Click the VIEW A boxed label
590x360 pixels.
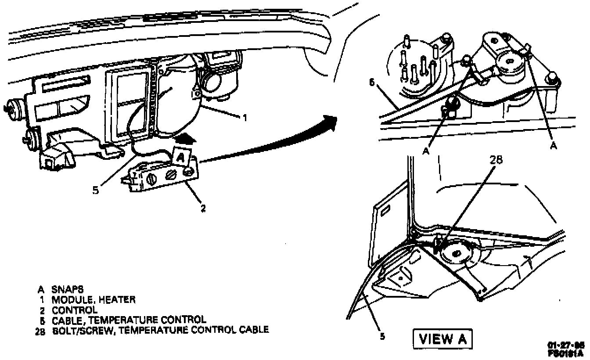pos(442,338)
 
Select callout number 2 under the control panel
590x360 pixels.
pos(203,208)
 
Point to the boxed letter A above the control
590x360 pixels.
pos(181,155)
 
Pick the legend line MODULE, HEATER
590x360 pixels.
pos(94,299)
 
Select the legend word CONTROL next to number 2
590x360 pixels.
pos(75,309)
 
